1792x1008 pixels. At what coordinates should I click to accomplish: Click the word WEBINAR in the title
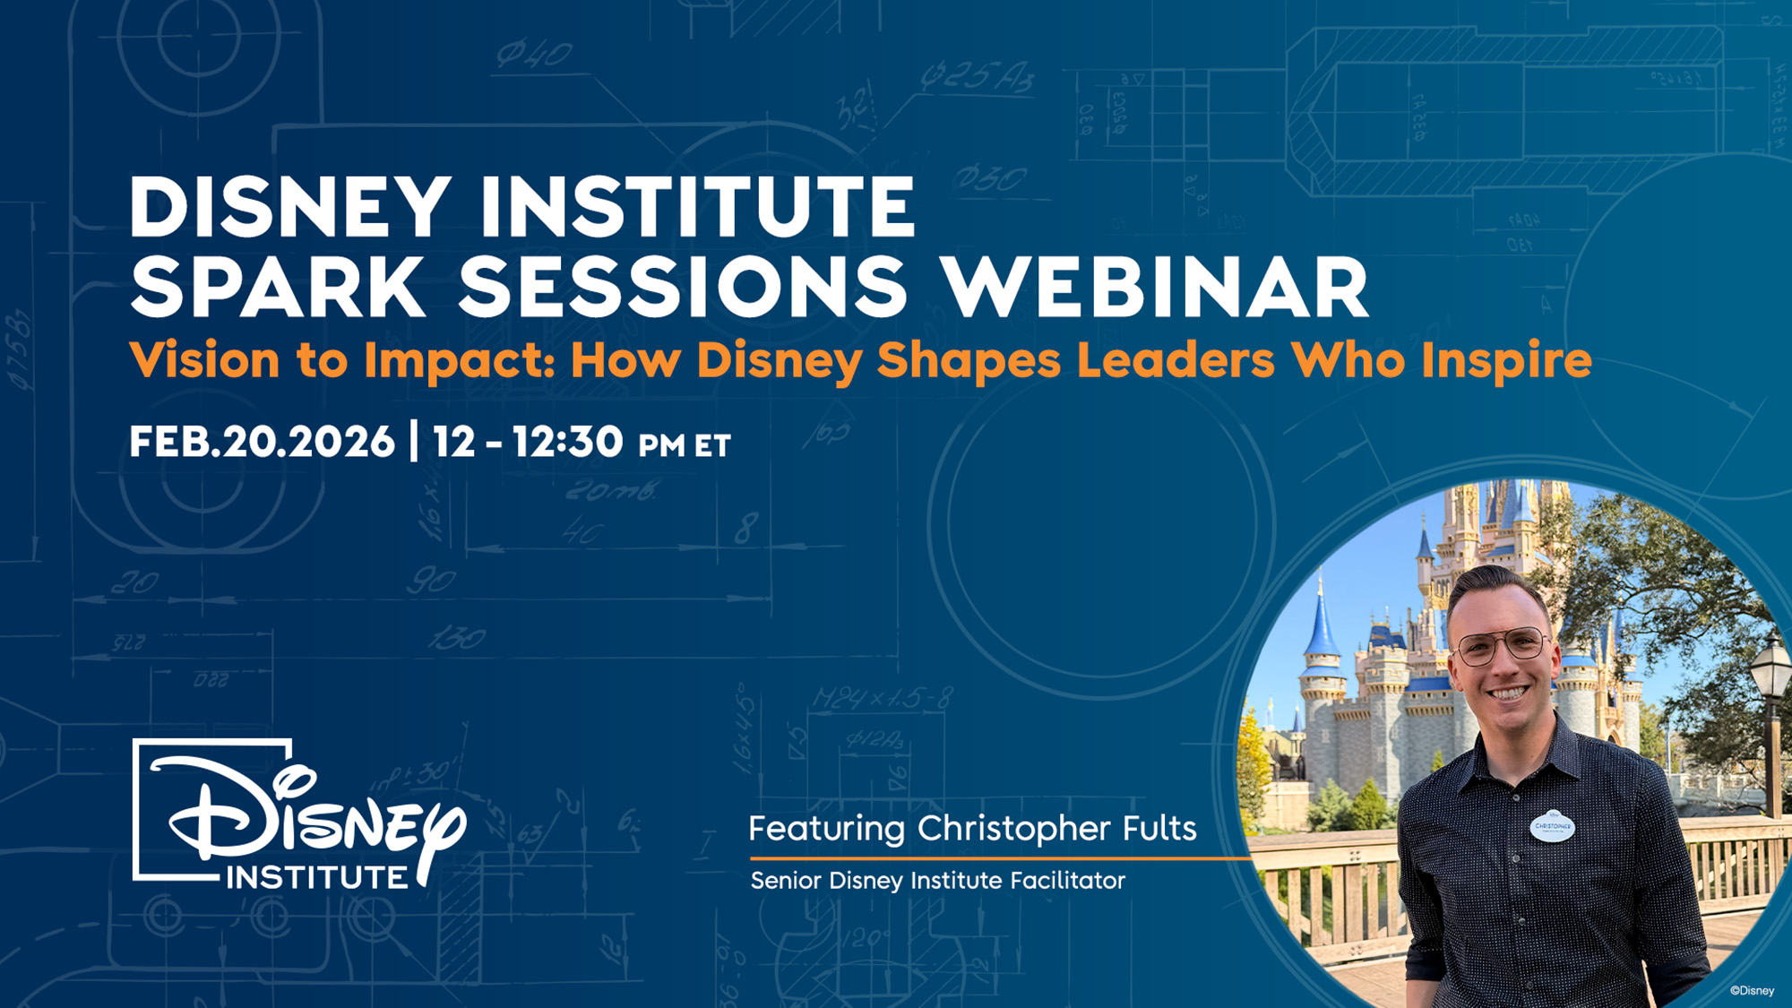(x=1156, y=287)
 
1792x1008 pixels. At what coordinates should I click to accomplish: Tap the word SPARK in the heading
(x=277, y=287)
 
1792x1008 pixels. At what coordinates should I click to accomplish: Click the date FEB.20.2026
(x=262, y=442)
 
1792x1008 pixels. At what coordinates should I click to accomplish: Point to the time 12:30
(x=567, y=442)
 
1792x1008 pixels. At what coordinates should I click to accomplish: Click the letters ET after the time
(x=713, y=445)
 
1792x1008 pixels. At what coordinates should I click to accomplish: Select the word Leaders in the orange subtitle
(x=1176, y=360)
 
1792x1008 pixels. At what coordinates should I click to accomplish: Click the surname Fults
(x=1159, y=828)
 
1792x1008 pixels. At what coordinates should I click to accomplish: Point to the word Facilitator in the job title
(x=1068, y=880)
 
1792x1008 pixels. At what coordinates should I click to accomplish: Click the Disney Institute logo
(x=298, y=814)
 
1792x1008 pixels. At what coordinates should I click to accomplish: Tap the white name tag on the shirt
(x=1552, y=826)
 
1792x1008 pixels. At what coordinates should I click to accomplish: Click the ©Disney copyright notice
(x=1752, y=990)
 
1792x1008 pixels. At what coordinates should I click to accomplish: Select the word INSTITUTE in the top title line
(x=697, y=207)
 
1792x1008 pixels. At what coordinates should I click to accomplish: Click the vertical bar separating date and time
(x=413, y=441)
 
